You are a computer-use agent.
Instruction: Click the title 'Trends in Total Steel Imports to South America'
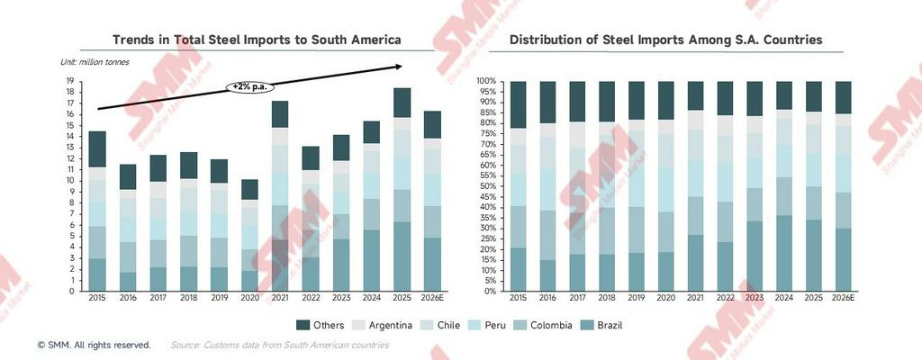point(256,40)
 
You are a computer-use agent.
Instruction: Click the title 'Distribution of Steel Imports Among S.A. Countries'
point(665,40)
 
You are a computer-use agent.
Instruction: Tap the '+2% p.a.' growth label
point(249,86)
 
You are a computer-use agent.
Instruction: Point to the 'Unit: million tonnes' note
point(95,61)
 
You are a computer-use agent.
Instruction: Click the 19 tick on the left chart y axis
point(69,81)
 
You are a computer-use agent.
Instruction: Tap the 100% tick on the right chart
point(484,81)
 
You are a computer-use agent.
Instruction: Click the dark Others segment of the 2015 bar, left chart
point(97,148)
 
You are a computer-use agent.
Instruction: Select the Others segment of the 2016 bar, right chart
point(547,102)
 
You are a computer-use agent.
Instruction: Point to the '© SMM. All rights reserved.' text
point(95,345)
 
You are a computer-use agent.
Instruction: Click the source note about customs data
point(279,345)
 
